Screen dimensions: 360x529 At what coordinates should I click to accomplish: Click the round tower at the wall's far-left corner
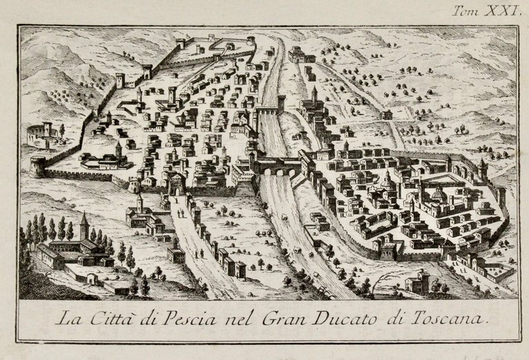(x=38, y=166)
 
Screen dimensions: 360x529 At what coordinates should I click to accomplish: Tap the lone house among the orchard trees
(x=387, y=114)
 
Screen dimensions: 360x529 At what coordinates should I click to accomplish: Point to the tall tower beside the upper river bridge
(x=281, y=103)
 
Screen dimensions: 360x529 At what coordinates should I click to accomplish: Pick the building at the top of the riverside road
(x=298, y=53)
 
